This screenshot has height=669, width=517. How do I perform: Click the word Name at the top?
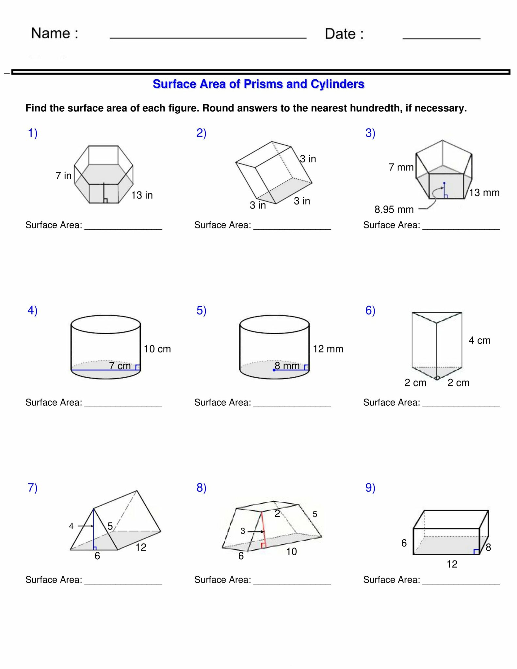coord(51,33)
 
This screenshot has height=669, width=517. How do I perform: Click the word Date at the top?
coord(340,34)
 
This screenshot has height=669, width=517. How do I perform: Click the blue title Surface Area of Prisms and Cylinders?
coord(258,84)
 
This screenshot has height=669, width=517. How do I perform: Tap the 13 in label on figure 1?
coord(142,195)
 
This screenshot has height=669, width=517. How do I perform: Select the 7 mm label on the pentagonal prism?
coord(401,167)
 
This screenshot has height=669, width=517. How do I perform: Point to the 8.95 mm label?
coord(394,209)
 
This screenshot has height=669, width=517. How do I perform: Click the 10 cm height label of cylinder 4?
coord(157,349)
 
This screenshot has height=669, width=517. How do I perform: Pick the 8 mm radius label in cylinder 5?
coord(287,366)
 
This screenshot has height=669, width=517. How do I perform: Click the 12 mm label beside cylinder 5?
coord(328,349)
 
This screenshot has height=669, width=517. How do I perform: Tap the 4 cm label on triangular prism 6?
coord(479,340)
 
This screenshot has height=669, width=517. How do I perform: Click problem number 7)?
coord(32,487)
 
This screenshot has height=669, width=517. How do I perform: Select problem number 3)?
coord(370,133)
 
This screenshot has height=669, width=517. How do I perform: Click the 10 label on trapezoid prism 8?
coord(291,552)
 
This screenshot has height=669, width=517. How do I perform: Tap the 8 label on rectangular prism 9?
coord(488,547)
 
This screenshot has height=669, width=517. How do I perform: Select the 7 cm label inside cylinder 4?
coord(120,366)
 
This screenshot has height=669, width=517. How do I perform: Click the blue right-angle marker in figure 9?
coord(476,552)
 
